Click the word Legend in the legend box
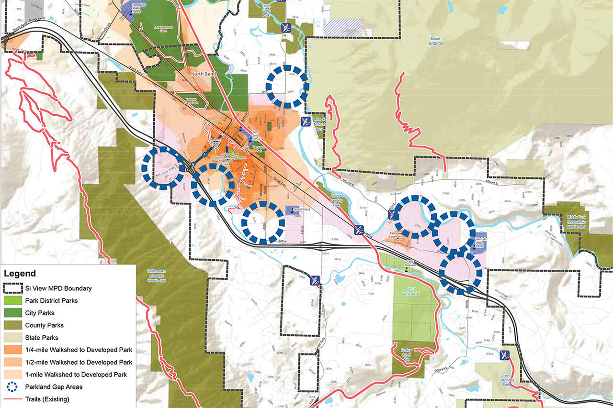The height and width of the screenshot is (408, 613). tap(20, 274)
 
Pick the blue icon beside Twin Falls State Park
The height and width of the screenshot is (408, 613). tap(503, 354)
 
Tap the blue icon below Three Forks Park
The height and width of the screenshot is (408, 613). tap(286, 26)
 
